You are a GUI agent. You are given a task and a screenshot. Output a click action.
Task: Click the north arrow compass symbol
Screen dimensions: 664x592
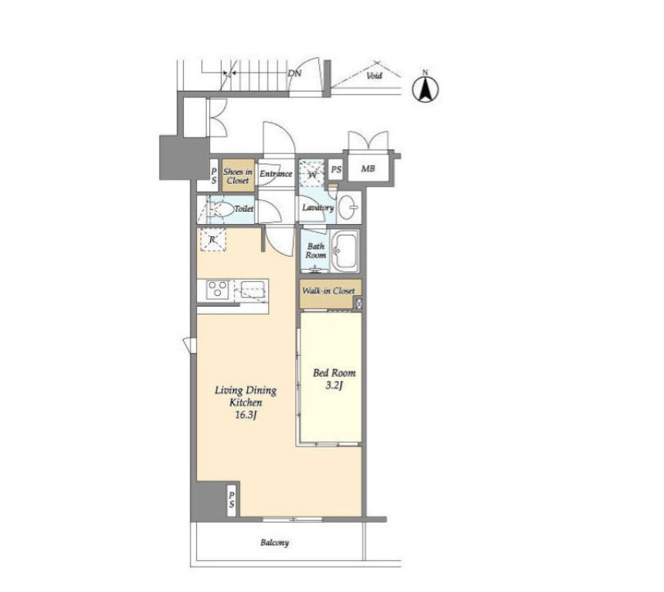pyautogui.click(x=425, y=87)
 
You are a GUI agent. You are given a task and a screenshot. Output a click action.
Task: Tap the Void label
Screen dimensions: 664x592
pyautogui.click(x=375, y=76)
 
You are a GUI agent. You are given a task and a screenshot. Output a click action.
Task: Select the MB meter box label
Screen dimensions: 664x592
pyautogui.click(x=368, y=168)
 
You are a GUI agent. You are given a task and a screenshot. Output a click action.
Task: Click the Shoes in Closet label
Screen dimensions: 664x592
pyautogui.click(x=238, y=176)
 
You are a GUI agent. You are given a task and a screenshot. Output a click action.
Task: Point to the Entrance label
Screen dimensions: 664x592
pyautogui.click(x=276, y=173)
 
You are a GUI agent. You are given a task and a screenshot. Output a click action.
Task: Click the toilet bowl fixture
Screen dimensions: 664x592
pyautogui.click(x=222, y=209)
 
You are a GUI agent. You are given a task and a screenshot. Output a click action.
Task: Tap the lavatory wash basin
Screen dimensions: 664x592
pyautogui.click(x=349, y=208)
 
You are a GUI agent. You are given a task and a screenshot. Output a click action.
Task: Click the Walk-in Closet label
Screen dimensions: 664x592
pyautogui.click(x=329, y=291)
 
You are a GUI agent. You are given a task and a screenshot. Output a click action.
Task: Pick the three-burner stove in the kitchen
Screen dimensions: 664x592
pyautogui.click(x=218, y=290)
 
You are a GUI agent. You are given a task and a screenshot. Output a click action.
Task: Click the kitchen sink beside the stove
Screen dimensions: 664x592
pyautogui.click(x=253, y=290)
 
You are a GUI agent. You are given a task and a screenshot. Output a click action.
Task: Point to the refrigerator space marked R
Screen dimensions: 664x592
pyautogui.click(x=213, y=240)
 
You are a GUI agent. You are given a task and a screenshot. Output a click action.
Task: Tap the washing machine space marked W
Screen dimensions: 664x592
pyautogui.click(x=312, y=173)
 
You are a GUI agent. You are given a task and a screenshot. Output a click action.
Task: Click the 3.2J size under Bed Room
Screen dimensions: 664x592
pyautogui.click(x=334, y=386)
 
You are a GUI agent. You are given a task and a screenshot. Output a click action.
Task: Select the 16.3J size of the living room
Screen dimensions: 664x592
pyautogui.click(x=245, y=415)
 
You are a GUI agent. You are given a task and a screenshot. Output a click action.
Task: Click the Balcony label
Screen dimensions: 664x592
pyautogui.click(x=275, y=542)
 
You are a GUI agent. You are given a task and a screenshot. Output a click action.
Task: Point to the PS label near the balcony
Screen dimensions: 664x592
pyautogui.click(x=231, y=500)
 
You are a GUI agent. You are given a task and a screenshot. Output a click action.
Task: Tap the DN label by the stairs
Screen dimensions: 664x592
pyautogui.click(x=294, y=74)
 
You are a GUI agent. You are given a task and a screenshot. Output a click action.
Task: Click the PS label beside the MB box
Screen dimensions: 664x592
pyautogui.click(x=336, y=169)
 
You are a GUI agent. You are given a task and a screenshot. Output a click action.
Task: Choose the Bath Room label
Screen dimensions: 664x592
pyautogui.click(x=316, y=251)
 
